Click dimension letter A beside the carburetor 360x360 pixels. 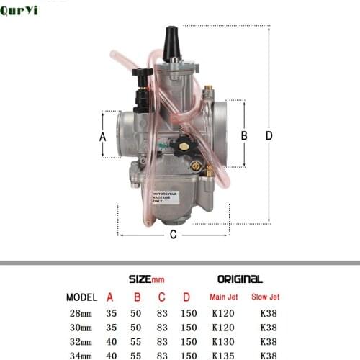click(x=102, y=136)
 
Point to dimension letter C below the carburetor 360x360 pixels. click(x=173, y=234)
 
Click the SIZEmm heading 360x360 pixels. click(x=146, y=279)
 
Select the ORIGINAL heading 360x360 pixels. click(x=240, y=279)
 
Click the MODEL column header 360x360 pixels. click(x=83, y=297)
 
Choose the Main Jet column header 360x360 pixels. click(x=223, y=297)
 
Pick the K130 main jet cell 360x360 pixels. click(x=223, y=342)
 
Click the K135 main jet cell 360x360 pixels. click(x=223, y=355)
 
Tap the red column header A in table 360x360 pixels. click(x=110, y=297)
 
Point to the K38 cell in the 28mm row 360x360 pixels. click(x=268, y=315)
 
